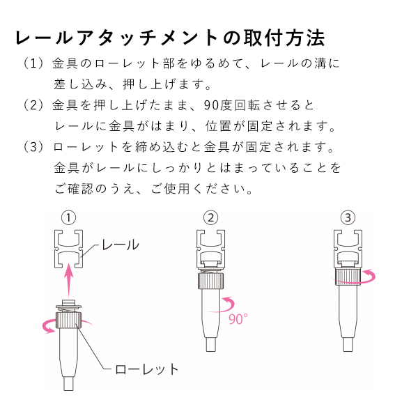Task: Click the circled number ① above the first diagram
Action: click(68, 218)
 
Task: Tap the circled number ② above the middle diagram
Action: click(210, 218)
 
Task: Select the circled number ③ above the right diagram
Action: click(348, 218)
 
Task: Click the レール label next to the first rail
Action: click(121, 245)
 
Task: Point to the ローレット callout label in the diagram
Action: click(146, 369)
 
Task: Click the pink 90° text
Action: click(238, 319)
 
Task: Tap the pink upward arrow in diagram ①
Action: click(69, 280)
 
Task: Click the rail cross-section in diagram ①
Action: click(69, 249)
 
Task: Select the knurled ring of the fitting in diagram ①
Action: click(68, 320)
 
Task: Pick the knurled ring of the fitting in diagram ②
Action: click(210, 281)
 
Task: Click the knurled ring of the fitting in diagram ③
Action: click(348, 277)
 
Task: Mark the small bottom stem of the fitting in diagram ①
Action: click(68, 384)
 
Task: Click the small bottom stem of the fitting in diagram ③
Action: click(348, 345)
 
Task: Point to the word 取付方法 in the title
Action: click(284, 38)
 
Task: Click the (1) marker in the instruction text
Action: click(33, 63)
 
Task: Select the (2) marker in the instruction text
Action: click(33, 105)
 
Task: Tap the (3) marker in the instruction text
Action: click(33, 147)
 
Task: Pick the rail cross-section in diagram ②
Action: click(210, 249)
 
